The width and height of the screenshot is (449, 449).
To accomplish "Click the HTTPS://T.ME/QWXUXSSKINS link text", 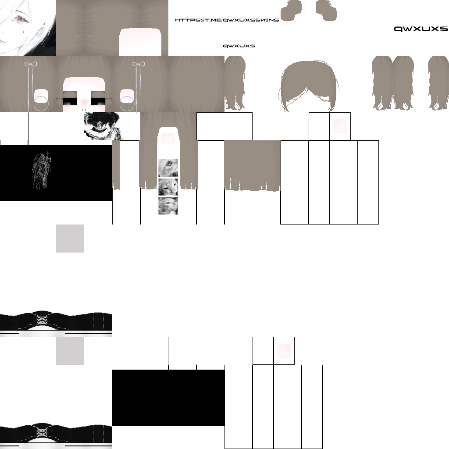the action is point(227,20).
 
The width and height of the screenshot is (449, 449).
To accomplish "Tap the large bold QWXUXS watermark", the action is point(420,29).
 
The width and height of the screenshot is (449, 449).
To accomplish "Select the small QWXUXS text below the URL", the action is point(239,46).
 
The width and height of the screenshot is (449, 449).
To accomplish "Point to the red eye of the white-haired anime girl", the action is point(21,19).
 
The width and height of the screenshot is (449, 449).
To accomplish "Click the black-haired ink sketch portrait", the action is point(103,126).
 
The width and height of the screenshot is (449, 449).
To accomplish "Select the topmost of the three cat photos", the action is point(168,168).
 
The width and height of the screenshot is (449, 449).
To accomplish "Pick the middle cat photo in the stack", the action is point(168,187).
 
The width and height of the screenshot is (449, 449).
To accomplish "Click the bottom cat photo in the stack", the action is point(168,206).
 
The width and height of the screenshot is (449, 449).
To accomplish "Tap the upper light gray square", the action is point(70,239).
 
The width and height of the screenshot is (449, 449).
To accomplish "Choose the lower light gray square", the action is point(70,351).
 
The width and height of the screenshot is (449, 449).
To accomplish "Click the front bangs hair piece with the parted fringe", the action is point(308,86).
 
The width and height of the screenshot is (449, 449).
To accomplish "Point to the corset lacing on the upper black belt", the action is point(42,320).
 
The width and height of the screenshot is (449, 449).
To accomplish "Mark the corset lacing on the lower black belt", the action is point(42,432).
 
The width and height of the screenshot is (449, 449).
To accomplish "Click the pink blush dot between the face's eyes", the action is point(84,102).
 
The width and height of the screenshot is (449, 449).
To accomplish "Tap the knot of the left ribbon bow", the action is point(31,64).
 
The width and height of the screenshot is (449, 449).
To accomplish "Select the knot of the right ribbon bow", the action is point(139,64).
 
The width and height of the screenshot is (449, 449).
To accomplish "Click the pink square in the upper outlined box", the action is point(340,126).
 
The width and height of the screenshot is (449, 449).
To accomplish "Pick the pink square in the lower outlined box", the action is point(284,351).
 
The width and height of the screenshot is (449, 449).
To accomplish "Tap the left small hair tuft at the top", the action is point(291,11).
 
